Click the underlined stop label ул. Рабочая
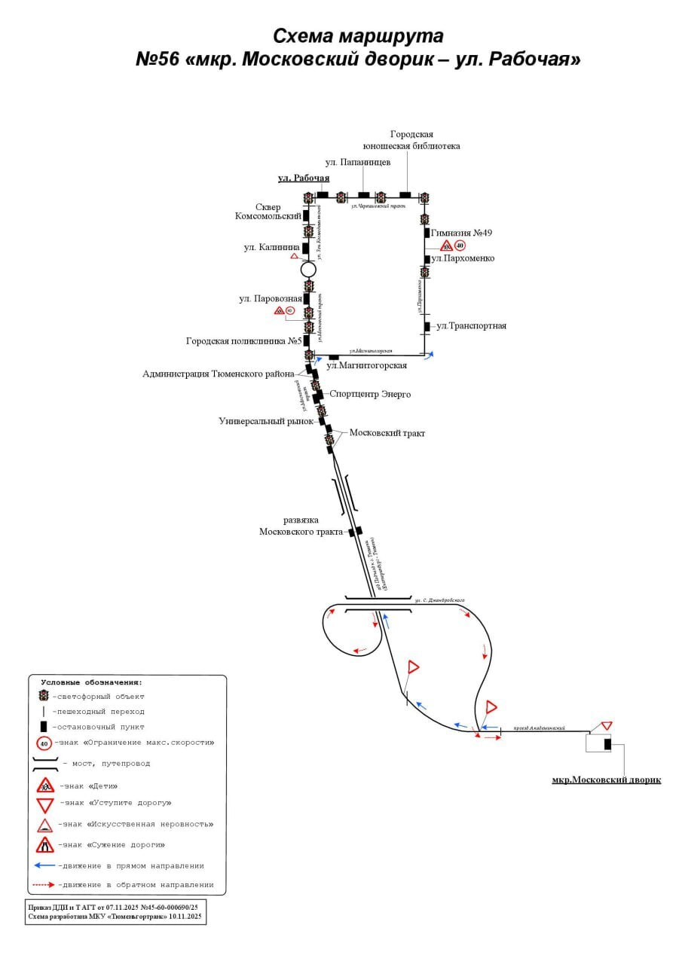click(x=304, y=178)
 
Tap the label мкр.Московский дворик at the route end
click(x=606, y=779)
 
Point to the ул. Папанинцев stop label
click(x=358, y=162)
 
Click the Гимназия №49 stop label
click(x=462, y=233)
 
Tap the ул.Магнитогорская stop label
click(x=366, y=365)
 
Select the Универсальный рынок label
click(x=266, y=421)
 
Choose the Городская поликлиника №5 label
click(x=244, y=341)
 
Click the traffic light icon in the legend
click(x=44, y=696)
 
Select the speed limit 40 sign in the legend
click(x=44, y=743)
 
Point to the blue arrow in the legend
click(x=45, y=865)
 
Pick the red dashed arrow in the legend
click(x=45, y=884)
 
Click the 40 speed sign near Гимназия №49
click(x=460, y=246)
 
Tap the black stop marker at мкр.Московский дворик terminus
click(x=607, y=744)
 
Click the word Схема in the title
click(x=304, y=36)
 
